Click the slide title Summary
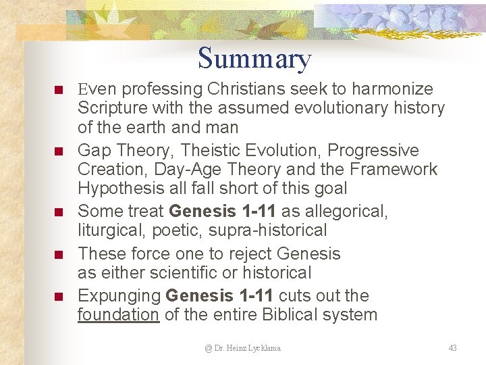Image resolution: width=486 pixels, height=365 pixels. click(254, 59)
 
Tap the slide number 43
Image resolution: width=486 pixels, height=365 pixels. click(452, 348)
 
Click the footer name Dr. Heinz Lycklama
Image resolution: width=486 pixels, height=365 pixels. click(243, 348)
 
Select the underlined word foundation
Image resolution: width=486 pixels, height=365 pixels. click(118, 315)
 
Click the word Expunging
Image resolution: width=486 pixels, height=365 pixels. click(119, 296)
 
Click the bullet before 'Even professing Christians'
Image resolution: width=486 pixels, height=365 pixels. click(58, 90)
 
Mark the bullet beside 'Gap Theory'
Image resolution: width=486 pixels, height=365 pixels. click(58, 151)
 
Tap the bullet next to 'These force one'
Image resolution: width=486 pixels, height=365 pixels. click(58, 255)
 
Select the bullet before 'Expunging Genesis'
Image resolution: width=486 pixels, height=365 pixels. click(58, 297)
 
